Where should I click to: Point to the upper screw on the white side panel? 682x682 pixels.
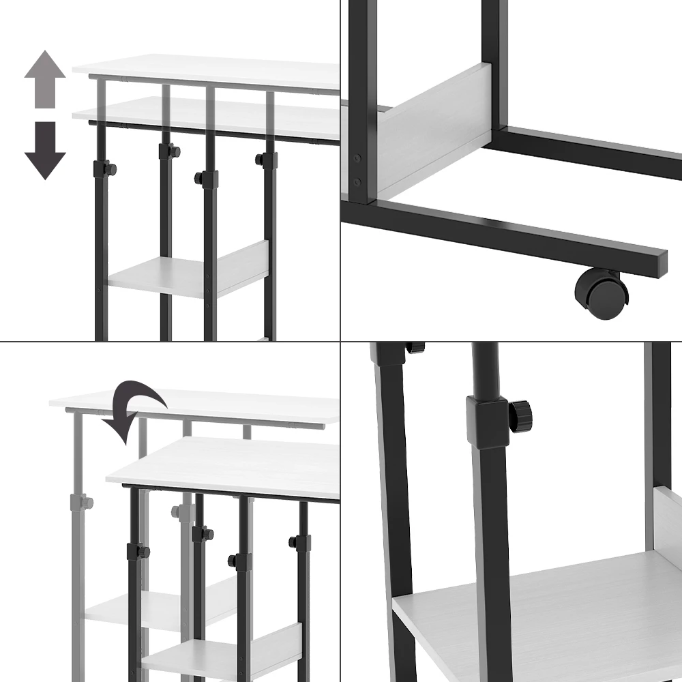pyautogui.click(x=357, y=158)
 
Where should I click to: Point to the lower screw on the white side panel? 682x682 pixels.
pyautogui.click(x=357, y=181)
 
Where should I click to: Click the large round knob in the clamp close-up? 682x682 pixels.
pyautogui.click(x=521, y=416)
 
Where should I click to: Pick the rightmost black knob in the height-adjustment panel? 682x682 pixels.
pyautogui.click(x=261, y=160)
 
